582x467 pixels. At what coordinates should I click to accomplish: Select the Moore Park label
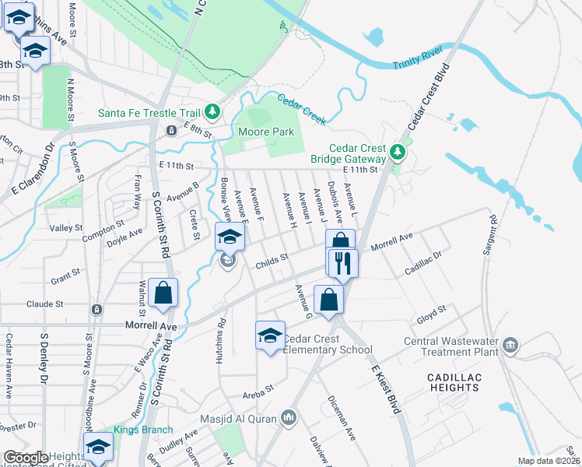tap(266, 132)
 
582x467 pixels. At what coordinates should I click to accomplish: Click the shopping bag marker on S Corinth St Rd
tap(163, 293)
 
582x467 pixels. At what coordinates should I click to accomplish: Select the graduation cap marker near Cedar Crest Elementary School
tap(270, 335)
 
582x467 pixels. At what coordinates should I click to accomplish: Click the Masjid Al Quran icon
tap(289, 419)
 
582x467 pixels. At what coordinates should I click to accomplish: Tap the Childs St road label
tap(272, 262)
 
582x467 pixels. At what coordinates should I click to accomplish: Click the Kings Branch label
tap(139, 430)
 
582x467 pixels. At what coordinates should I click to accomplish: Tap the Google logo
tap(27, 458)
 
